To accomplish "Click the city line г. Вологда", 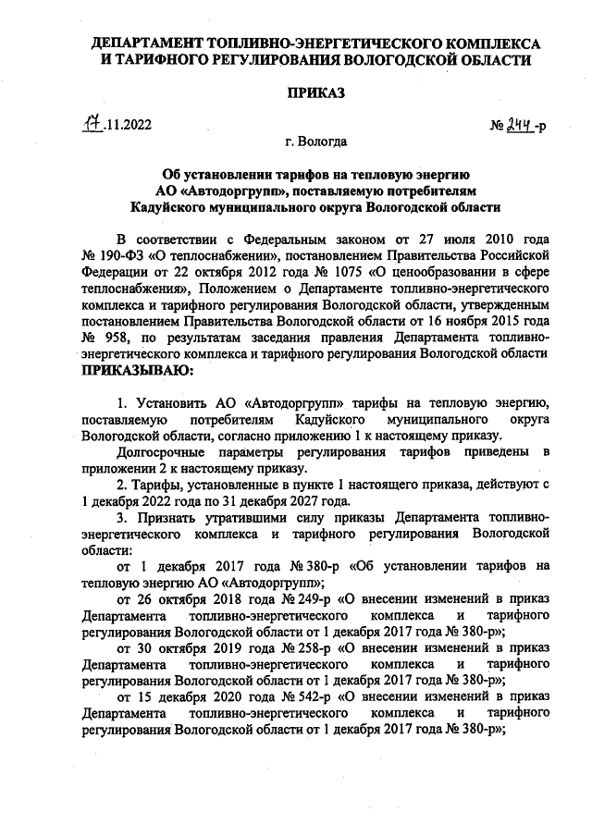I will pos(316,142).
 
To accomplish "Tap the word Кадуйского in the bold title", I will pos(177,207).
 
